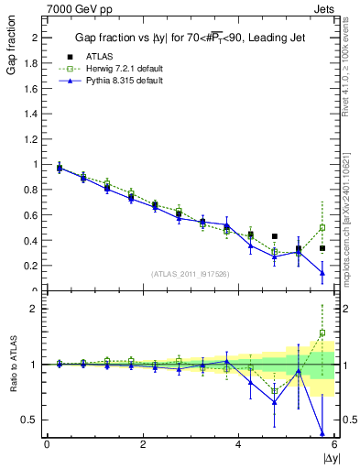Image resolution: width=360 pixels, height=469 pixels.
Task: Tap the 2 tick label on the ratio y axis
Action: point(36,309)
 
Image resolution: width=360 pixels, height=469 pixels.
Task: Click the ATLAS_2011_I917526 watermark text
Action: point(189,274)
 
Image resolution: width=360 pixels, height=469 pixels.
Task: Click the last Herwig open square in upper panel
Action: point(322,228)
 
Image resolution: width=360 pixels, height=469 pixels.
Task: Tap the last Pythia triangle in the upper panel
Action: point(322,272)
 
